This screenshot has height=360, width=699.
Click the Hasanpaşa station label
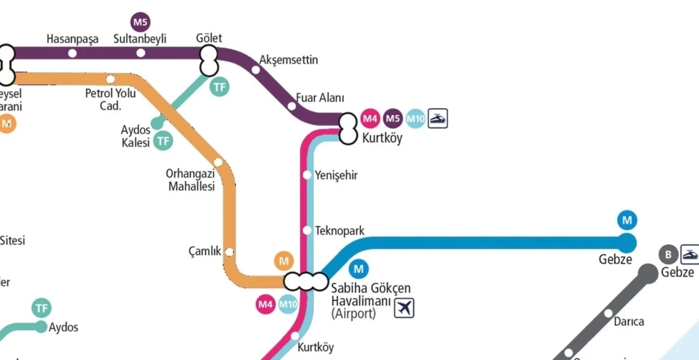[x=72, y=39]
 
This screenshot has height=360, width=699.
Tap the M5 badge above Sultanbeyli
[x=141, y=22]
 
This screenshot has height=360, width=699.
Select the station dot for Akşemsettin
[x=256, y=70]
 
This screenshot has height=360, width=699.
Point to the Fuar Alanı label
[x=320, y=98]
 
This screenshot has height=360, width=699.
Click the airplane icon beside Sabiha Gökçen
[x=404, y=307]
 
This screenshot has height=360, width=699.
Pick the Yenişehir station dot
[x=308, y=175]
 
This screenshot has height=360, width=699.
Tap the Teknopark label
[x=340, y=230]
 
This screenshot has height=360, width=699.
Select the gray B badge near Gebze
[x=668, y=254]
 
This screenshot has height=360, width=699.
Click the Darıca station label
[x=629, y=321]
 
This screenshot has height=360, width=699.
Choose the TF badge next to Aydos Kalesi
[x=164, y=141]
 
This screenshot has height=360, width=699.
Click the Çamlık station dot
[x=229, y=252]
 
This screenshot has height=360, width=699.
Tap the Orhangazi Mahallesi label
[x=191, y=180]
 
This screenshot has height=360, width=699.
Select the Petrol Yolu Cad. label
[x=110, y=100]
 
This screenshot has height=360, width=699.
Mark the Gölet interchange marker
[x=208, y=60]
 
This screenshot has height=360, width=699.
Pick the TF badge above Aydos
[x=42, y=308]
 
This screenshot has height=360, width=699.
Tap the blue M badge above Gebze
[x=627, y=220]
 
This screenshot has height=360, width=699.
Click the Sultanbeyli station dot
[x=141, y=53]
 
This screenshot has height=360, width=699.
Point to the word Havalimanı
[x=361, y=301]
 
